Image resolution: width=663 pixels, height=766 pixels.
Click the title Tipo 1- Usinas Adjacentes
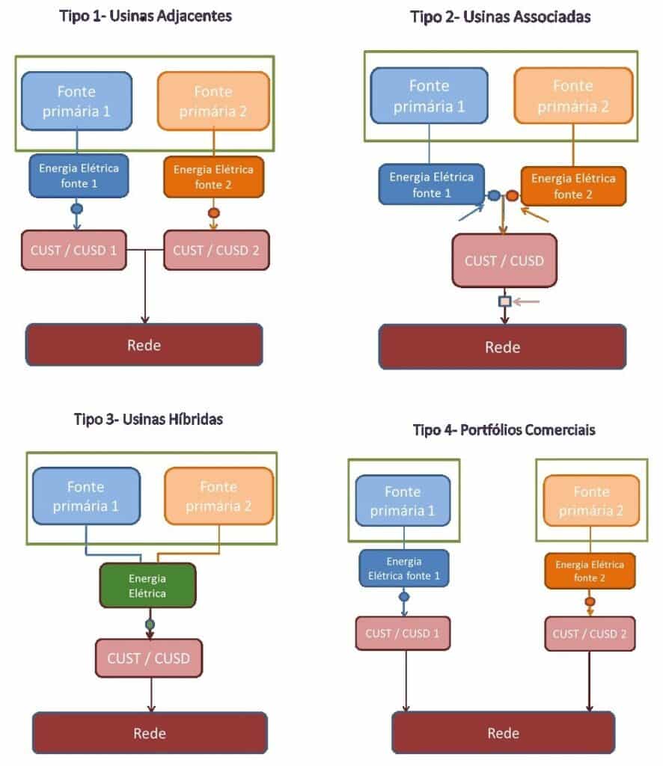point(145,16)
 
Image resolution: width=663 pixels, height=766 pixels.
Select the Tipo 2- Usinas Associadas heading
point(501,16)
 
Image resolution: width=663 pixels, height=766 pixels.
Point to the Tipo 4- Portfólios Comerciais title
point(504,430)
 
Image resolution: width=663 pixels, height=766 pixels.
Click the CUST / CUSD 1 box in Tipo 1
point(73,250)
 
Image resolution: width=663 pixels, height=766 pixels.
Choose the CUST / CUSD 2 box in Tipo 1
point(216,250)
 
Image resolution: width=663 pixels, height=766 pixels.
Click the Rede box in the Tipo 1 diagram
point(144,344)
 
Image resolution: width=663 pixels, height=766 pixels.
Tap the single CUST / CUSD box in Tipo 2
point(504,260)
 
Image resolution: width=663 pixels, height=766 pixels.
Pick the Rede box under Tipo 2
point(502,346)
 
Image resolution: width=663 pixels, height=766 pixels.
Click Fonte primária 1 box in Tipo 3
point(87,495)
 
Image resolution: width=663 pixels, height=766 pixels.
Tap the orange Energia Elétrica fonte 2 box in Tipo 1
point(213,176)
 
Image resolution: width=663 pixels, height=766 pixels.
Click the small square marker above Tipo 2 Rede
point(505,301)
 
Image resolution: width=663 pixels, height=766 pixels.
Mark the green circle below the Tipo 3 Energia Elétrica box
point(150,624)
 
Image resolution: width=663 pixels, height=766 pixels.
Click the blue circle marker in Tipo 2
point(494,196)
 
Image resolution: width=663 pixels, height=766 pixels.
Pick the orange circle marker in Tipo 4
point(590,601)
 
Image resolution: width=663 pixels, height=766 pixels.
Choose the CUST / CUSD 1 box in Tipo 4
point(403,634)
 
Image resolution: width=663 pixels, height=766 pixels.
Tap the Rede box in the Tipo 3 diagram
point(149,732)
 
